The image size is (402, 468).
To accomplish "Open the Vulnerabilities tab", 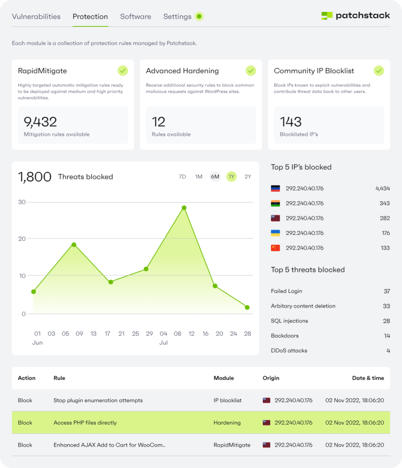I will point(36,16).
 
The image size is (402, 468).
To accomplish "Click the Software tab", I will point(136,16).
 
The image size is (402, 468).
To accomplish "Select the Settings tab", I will point(177,16).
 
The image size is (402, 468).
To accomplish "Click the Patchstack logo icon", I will point(326,16).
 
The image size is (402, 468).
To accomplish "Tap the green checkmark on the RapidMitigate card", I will point(123,70).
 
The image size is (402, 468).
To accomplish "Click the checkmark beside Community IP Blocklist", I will point(379,70).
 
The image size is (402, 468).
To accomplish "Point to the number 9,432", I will point(40,122).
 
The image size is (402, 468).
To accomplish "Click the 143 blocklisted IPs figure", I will point(291,122).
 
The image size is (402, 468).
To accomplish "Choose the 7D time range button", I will point(182,177).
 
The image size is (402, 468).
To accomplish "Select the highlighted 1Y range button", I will point(231,177).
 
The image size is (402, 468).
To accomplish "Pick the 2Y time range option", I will point(248,177).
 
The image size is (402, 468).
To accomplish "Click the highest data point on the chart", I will point(184,207).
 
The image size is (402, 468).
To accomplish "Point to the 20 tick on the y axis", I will point(22,239).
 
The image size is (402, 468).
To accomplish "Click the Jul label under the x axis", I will point(163,342).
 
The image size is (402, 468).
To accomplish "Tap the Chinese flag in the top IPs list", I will point(275,248).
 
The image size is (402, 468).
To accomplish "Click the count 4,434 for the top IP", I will point(382,188).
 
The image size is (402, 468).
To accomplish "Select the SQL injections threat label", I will point(289,321).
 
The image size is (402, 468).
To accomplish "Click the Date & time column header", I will point(368,378).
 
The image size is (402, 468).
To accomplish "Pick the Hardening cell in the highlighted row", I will point(227,423).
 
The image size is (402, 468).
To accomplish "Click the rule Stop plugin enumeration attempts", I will point(98,400).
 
